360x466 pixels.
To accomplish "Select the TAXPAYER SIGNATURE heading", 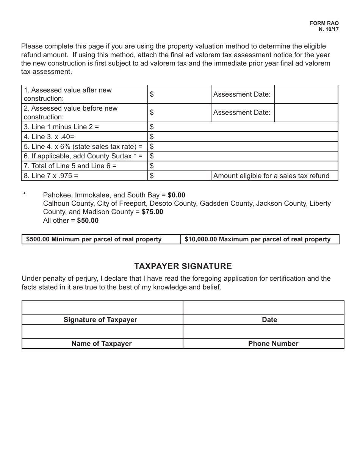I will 183,266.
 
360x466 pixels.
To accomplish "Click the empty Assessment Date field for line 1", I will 305,94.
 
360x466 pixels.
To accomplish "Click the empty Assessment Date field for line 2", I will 305,113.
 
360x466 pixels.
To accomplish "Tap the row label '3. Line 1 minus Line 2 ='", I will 61,127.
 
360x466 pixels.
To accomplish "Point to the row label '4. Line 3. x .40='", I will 49,137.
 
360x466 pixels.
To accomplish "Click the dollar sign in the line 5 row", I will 152,147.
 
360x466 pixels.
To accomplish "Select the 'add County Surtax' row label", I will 83,156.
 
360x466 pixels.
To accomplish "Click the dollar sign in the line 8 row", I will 152,176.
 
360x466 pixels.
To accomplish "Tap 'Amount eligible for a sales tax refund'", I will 271,176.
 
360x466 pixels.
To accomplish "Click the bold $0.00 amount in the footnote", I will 176,195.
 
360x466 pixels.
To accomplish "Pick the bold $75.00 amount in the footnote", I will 152,212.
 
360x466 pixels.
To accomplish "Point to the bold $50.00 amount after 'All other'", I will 88,220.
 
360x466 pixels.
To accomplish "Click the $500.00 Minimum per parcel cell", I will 94,239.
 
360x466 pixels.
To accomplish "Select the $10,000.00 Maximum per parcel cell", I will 258,239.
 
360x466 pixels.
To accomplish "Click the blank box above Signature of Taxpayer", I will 102,308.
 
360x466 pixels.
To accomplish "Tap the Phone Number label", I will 273,344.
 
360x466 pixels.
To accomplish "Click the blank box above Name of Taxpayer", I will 102,332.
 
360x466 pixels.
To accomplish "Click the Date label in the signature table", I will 269,320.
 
